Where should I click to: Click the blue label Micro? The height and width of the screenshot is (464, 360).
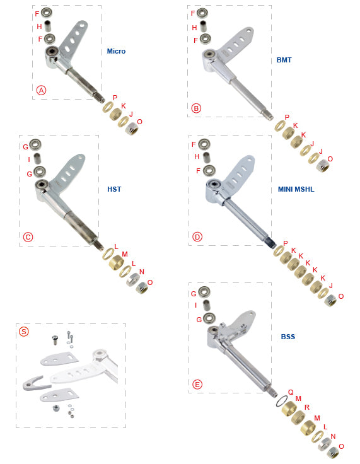pos(116,51)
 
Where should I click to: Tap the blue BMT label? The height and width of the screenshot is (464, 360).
pos(284,60)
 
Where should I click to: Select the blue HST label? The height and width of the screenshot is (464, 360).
pos(114,189)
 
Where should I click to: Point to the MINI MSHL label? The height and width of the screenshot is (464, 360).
pos(296,189)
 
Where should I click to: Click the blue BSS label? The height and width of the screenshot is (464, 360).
pos(287,337)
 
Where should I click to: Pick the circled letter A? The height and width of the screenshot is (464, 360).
pos(41,90)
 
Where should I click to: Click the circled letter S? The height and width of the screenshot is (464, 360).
pos(24,331)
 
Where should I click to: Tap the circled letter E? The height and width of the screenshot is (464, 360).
pos(197,385)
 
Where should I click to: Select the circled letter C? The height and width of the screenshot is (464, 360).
pos(28,237)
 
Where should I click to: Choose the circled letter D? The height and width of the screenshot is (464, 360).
pos(197,237)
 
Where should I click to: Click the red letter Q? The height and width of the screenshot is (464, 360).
pos(291,392)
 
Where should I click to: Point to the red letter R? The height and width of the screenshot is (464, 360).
pos(306,407)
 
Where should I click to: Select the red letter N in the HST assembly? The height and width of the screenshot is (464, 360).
pos(142,272)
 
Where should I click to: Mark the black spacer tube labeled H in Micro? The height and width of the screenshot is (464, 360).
pos(47,26)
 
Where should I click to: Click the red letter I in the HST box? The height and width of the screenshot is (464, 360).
pos(29,159)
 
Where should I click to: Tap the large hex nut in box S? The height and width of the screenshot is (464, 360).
pos(55,409)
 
